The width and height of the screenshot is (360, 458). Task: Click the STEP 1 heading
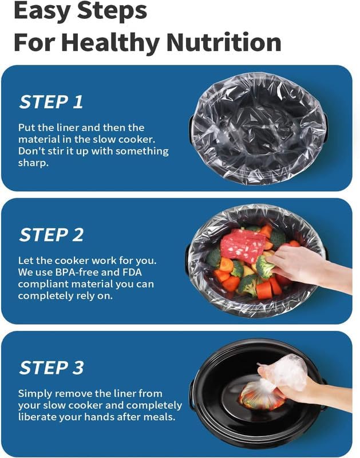pos(51,102)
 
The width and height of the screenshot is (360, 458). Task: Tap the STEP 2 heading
pos(52,235)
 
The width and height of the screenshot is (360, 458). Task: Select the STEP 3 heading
pos(52,368)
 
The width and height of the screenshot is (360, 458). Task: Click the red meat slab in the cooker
pos(243,246)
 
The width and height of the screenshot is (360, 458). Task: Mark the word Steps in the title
pos(109,11)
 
